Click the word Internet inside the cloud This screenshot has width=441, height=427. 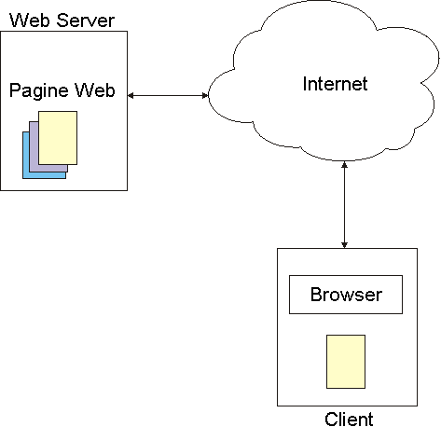pos(335,84)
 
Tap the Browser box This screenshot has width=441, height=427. pos(346,295)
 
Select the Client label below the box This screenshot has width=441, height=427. pos(349,420)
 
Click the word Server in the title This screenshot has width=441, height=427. pos(86,21)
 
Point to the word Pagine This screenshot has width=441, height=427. pos(39,90)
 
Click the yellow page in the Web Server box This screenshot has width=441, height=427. pos(58,138)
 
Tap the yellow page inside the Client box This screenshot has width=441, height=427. pos(346,362)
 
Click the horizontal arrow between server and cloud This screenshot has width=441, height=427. pos(168,95)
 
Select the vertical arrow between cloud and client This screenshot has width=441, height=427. pos(344,205)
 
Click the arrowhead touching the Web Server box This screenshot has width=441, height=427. pos(131,95)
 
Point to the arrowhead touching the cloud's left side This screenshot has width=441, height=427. pos(205,95)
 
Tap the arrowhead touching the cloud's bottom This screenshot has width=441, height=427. pos(344,165)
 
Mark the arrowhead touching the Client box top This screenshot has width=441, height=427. pos(344,245)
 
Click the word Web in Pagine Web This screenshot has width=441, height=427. pos(94,90)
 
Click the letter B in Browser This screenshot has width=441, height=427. pos(316,294)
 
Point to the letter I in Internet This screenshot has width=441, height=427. pos(305,84)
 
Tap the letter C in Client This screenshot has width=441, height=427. pos(332,420)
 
